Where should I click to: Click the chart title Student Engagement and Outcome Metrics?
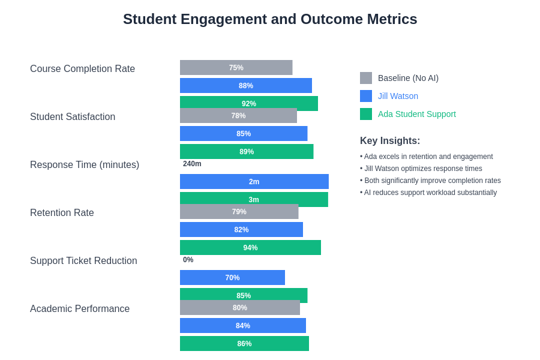pyautogui.click(x=270, y=19)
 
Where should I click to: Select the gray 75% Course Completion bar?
pyautogui.click(x=236, y=68)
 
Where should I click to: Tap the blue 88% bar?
pyautogui.click(x=245, y=86)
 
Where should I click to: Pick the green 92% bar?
pyautogui.click(x=248, y=102)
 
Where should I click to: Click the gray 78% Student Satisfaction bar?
pyautogui.click(x=238, y=116)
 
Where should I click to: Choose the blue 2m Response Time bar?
pyautogui.click(x=254, y=182)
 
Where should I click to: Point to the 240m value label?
pyautogui.click(x=192, y=164)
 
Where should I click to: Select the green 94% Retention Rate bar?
pyautogui.click(x=250, y=248)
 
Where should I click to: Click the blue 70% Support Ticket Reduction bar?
pyautogui.click(x=232, y=278)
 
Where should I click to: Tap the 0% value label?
pyautogui.click(x=188, y=260)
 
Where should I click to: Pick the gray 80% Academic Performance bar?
pyautogui.click(x=239, y=308)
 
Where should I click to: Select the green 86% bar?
pyautogui.click(x=244, y=344)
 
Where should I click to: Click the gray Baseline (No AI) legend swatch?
pyautogui.click(x=366, y=78)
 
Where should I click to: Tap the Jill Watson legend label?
pyautogui.click(x=398, y=96)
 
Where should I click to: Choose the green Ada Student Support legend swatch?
pyautogui.click(x=366, y=114)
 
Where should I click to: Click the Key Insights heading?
pyautogui.click(x=390, y=141)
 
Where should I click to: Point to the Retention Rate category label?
pyautogui.click(x=62, y=213)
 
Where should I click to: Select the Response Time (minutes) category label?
pyautogui.click(x=85, y=165)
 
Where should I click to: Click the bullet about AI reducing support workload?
pyautogui.click(x=428, y=193)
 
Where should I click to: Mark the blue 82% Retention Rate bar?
pyautogui.click(x=241, y=230)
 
